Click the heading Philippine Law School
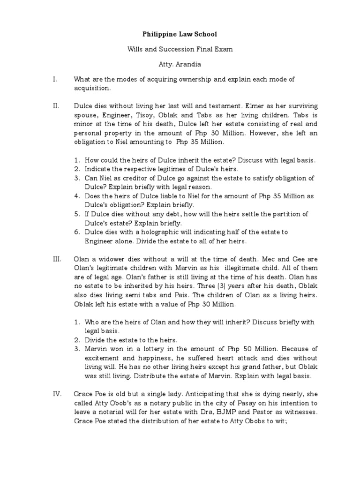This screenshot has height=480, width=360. pyautogui.click(x=180, y=34)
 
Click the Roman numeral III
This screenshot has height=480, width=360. pyautogui.click(x=57, y=258)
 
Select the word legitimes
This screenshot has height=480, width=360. pyautogui.click(x=169, y=169)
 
